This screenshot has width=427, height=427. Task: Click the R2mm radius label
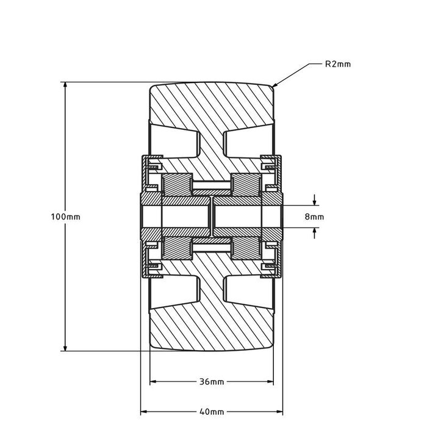[338, 63]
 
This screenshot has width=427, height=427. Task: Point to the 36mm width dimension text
[211, 382]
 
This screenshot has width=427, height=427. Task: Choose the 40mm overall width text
[211, 412]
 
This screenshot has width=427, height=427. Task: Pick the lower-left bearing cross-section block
[176, 249]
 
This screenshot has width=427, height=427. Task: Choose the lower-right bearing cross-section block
[246, 249]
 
